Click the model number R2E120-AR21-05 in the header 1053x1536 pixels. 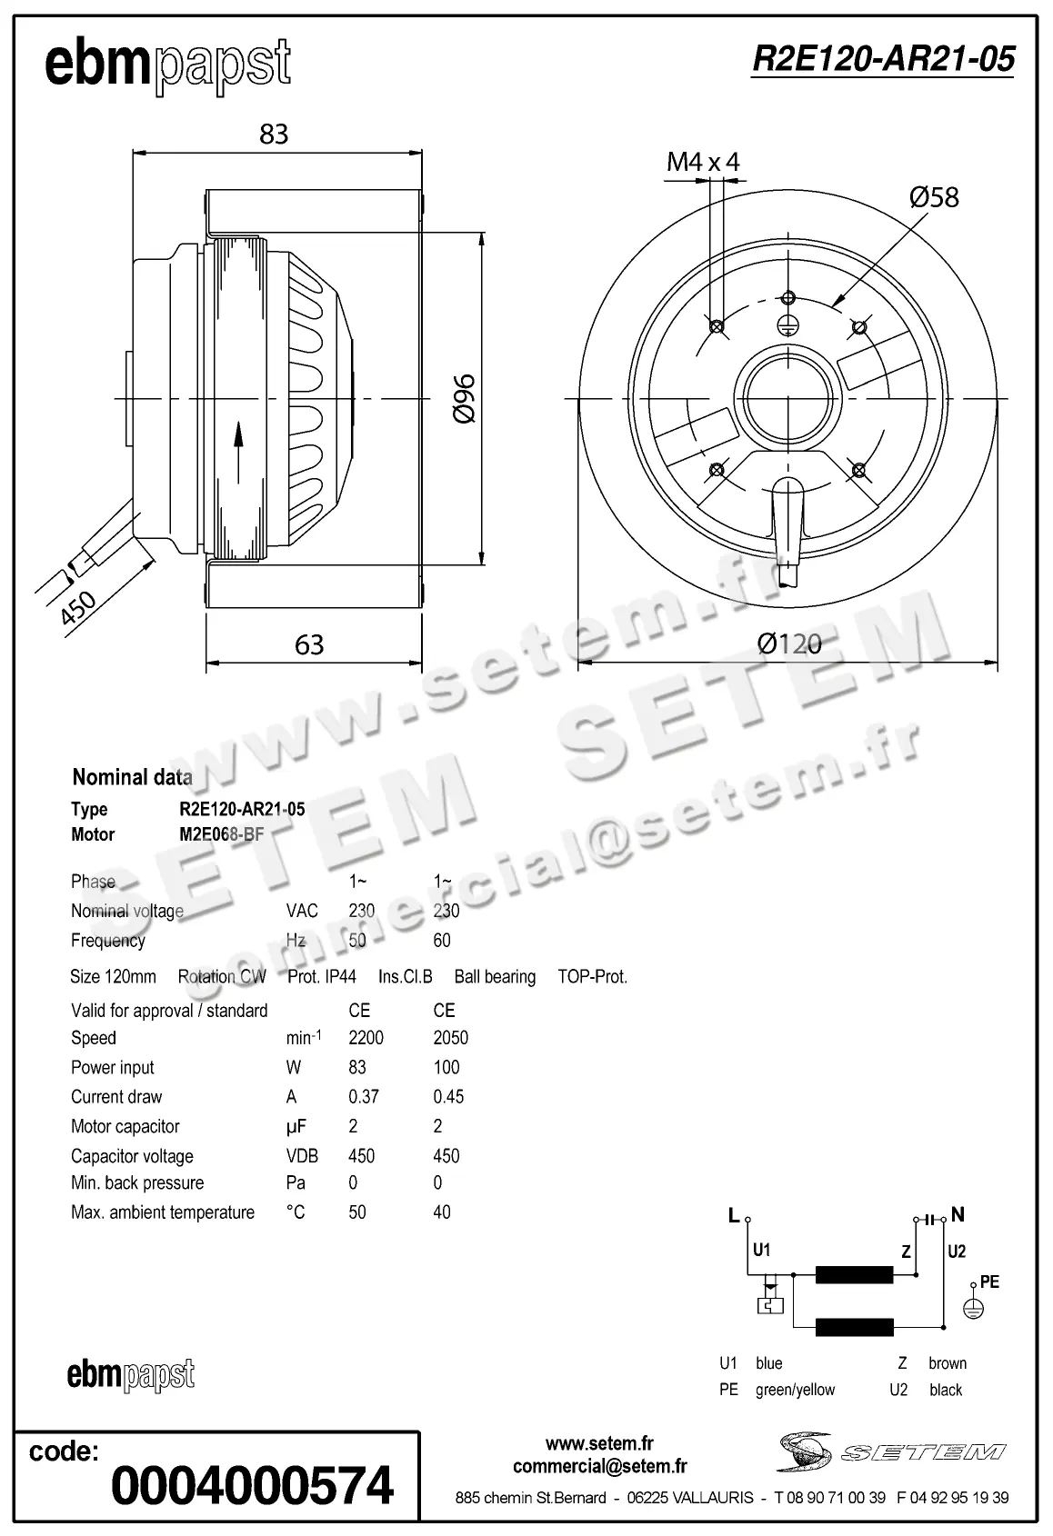[x=882, y=59]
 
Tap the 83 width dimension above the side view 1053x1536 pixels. [x=274, y=135]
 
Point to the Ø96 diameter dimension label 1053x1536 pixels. [x=463, y=398]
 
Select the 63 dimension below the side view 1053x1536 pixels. [x=309, y=644]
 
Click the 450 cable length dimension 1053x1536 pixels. [x=78, y=608]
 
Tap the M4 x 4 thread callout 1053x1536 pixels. [x=703, y=163]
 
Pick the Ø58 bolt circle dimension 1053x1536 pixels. [x=934, y=197]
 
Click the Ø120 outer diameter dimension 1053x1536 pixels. [x=788, y=644]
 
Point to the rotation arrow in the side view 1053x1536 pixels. [x=239, y=451]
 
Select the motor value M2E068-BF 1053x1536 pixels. [x=221, y=834]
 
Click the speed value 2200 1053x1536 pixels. [x=366, y=1038]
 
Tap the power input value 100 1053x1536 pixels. [x=446, y=1067]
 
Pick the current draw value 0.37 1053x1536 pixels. [x=363, y=1097]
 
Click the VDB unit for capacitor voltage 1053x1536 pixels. [x=302, y=1156]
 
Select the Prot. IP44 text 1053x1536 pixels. [x=322, y=977]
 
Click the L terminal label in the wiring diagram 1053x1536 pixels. [x=734, y=1216]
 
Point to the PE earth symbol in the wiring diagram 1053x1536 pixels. [x=974, y=1309]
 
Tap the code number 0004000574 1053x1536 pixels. [x=252, y=1485]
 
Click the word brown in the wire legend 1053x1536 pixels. [x=947, y=1363]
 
